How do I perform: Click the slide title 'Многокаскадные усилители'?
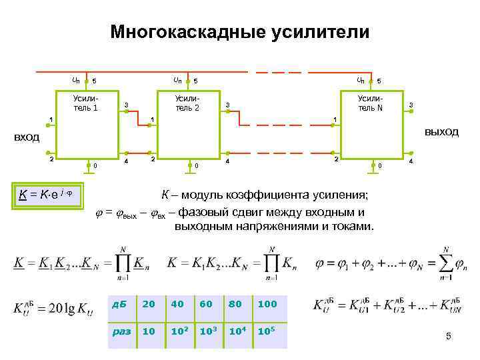239,32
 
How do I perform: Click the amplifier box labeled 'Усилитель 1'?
87,123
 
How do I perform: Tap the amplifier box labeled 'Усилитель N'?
371,123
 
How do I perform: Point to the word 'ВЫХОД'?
441,132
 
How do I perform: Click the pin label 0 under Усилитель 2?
195,164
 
